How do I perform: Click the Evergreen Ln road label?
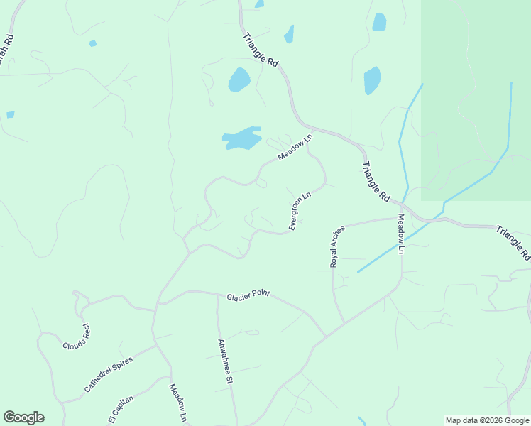coord(300,211)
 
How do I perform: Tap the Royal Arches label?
coord(337,246)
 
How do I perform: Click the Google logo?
coord(23,417)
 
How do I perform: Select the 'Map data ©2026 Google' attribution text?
coord(487,420)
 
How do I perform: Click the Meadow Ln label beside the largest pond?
coord(295,148)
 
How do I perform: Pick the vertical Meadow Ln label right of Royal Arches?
coord(400,234)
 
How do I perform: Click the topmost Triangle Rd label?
coord(260,50)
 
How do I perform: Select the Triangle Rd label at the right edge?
coord(513,242)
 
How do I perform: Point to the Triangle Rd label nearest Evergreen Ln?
coord(376,180)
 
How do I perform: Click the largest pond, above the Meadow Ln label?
coord(241,138)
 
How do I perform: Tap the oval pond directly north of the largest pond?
coord(239,80)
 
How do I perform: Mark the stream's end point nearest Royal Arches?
coord(357,271)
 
